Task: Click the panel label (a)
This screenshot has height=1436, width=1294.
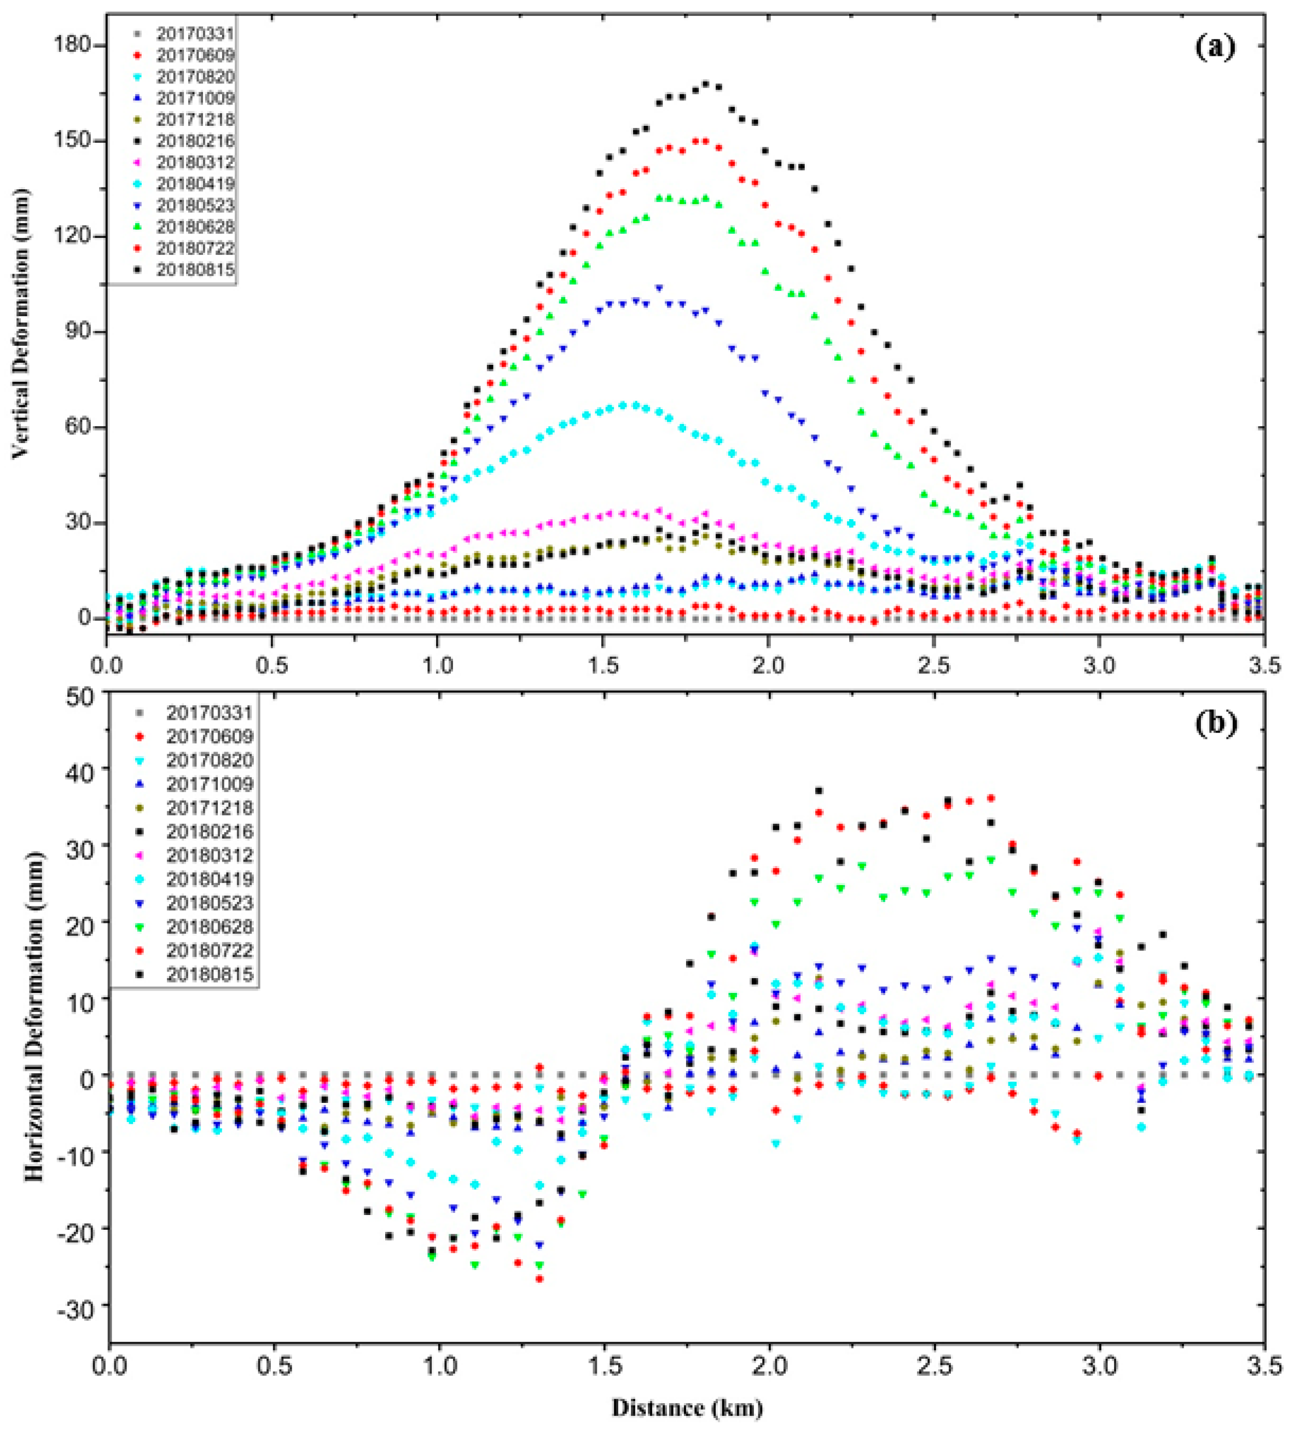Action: click(x=1215, y=48)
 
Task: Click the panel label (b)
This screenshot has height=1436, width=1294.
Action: click(x=1216, y=724)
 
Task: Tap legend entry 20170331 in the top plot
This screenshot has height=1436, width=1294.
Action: click(x=195, y=33)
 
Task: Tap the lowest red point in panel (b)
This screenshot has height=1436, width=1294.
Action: click(x=539, y=1279)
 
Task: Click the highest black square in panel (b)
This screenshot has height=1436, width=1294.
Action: click(x=819, y=790)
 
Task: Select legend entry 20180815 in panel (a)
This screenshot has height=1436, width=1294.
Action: click(x=195, y=270)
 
